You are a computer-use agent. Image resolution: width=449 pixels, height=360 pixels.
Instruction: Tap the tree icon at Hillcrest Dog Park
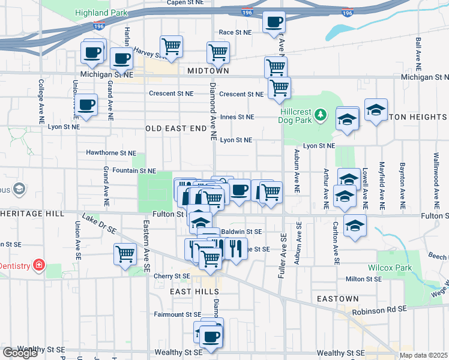pyautogui.click(x=321, y=113)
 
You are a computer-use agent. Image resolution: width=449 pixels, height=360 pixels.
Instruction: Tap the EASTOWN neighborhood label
pyautogui.click(x=339, y=298)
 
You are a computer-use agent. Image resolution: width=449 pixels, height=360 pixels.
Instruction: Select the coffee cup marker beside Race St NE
pyautogui.click(x=274, y=22)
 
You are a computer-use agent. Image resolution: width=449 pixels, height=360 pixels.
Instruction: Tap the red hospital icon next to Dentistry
pyautogui.click(x=39, y=265)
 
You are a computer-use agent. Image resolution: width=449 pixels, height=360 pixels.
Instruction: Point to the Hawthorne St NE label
pyautogui.click(x=111, y=153)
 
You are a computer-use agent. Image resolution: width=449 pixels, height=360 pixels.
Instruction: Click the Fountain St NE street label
pyautogui.click(x=130, y=171)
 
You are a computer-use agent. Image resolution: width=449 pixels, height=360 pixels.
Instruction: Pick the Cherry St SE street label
pyautogui.click(x=172, y=276)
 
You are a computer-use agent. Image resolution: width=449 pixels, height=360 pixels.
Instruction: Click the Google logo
pyautogui.click(x=20, y=353)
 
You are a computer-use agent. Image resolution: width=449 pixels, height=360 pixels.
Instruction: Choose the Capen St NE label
pyautogui.click(x=185, y=2)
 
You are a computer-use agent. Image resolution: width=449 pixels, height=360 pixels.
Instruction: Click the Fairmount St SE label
pyautogui.click(x=177, y=314)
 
